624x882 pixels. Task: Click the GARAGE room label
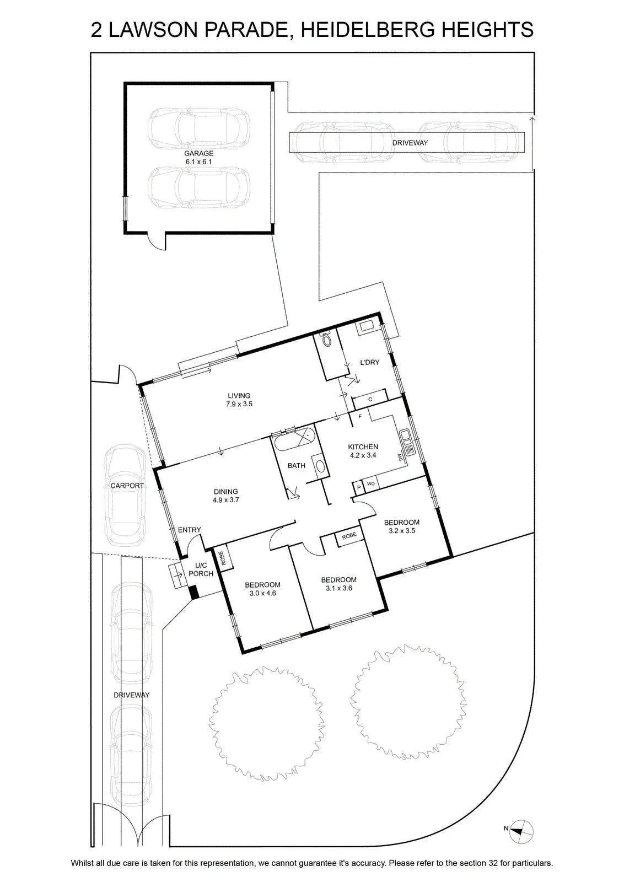pyautogui.click(x=199, y=153)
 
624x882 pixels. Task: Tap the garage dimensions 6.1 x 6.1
pyautogui.click(x=199, y=162)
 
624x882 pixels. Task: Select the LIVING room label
pyautogui.click(x=239, y=396)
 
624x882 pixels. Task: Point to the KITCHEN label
pyautogui.click(x=363, y=447)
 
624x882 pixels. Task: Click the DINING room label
pyautogui.click(x=226, y=491)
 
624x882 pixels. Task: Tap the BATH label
pyautogui.click(x=297, y=465)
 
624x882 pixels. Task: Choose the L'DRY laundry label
pyautogui.click(x=370, y=362)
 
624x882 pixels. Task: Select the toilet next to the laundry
pyautogui.click(x=326, y=340)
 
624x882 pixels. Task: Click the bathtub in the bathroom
pyautogui.click(x=294, y=439)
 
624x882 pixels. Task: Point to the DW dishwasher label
pyautogui.click(x=400, y=458)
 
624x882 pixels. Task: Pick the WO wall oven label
pyautogui.click(x=371, y=483)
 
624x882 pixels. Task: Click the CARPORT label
pyautogui.click(x=127, y=486)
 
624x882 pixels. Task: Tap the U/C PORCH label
pyautogui.click(x=201, y=569)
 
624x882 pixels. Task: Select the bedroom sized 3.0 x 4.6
pyautogui.click(x=262, y=589)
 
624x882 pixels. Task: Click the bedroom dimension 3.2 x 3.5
pyautogui.click(x=401, y=530)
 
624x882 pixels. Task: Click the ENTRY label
pyautogui.click(x=190, y=530)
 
